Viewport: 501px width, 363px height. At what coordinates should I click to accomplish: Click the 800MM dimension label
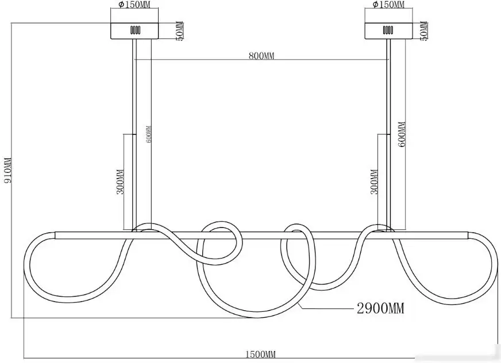click(261, 56)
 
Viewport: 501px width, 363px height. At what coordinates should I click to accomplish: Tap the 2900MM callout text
click(380, 308)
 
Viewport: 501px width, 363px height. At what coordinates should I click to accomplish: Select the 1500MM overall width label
click(260, 354)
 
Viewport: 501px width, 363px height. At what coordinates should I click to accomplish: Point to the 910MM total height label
click(7, 170)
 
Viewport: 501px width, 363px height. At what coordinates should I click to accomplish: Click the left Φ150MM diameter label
click(134, 5)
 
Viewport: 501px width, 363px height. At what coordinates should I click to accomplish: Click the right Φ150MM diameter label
click(388, 5)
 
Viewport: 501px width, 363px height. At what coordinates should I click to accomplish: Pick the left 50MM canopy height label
click(180, 30)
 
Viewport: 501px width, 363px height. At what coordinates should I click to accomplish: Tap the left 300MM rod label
click(120, 181)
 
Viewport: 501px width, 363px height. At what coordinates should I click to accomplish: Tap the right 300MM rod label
click(374, 181)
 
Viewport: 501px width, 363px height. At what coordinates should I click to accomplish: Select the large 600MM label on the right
click(402, 134)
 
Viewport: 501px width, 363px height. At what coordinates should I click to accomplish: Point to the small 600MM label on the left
click(149, 134)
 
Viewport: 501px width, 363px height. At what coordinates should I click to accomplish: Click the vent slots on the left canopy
click(135, 30)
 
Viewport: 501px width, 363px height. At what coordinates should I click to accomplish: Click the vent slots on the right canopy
click(388, 30)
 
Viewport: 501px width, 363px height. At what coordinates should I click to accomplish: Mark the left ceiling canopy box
click(134, 30)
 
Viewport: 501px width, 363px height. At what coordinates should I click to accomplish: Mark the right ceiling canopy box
click(388, 30)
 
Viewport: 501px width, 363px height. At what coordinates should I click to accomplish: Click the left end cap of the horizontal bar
click(56, 235)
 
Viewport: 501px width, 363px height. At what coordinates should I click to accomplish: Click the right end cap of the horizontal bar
click(468, 236)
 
